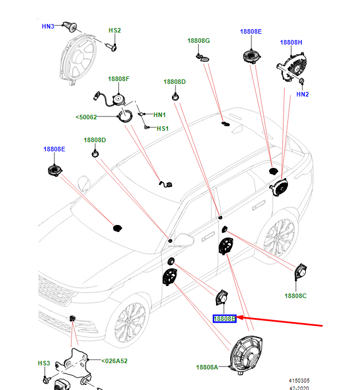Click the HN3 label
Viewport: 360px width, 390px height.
tap(47, 26)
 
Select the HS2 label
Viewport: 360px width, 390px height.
tap(115, 30)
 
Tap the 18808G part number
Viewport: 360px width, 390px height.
tap(199, 41)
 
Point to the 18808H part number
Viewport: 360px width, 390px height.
tap(291, 42)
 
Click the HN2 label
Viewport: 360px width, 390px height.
tap(302, 94)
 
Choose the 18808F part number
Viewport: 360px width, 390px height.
tap(119, 79)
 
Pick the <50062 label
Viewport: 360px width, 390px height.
tap(86, 118)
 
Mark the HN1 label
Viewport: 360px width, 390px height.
tap(159, 115)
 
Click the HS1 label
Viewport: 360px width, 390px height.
tap(163, 128)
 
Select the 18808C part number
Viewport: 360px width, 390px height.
tap(296, 296)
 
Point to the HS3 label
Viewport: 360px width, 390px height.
tap(44, 363)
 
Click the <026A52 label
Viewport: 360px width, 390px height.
tap(114, 361)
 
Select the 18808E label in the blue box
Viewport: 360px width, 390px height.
tap(224, 319)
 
